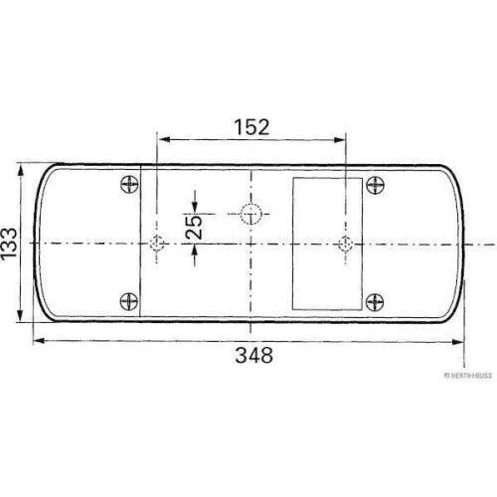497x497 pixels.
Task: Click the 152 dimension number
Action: point(251,127)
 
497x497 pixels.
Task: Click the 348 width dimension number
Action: point(254,355)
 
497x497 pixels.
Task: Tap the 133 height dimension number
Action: point(9,244)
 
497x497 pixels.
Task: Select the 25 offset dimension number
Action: point(194,228)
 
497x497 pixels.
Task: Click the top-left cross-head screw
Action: point(129,184)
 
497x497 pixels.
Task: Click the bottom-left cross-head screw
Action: point(129,301)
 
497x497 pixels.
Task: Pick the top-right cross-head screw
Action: point(375,185)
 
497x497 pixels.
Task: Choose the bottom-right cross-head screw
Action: point(375,302)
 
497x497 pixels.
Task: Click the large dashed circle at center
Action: point(250,214)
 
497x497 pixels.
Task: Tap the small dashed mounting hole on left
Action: point(156,244)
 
